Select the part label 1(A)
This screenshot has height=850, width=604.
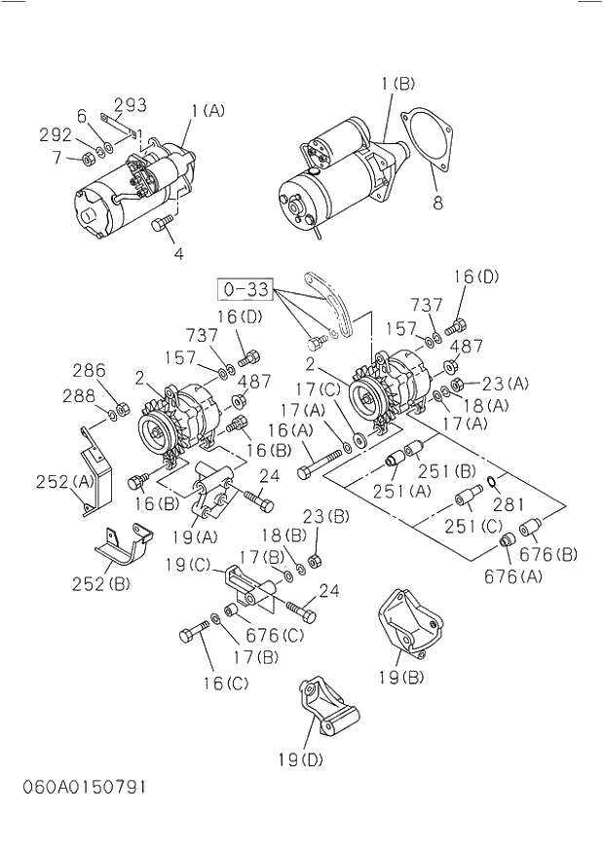207,110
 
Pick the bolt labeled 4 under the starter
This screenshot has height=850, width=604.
162,226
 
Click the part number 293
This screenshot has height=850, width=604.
130,105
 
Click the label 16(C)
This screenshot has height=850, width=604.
226,683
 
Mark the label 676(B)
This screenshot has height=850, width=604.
548,554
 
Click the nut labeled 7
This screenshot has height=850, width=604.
88,157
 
